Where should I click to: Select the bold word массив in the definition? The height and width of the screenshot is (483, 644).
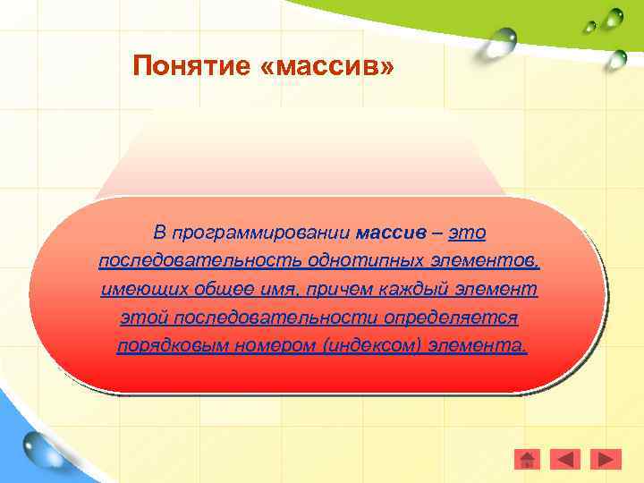(x=391, y=233)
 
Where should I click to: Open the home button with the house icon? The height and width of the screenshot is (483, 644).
(x=528, y=459)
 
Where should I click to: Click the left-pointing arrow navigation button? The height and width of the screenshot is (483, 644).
(x=565, y=459)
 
